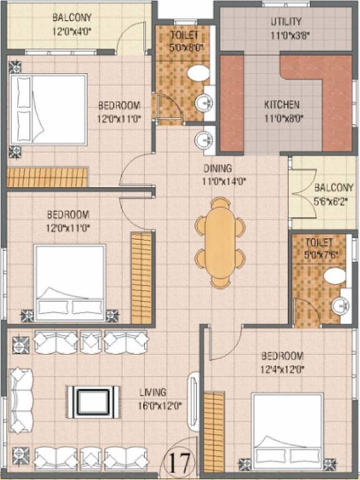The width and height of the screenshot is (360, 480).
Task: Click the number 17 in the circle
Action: (x=182, y=463)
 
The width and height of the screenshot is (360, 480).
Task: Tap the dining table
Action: (x=220, y=242)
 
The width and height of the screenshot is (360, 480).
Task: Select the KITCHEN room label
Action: (x=282, y=105)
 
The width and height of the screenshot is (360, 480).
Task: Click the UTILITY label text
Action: (x=286, y=21)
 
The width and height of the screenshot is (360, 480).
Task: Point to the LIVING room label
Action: (x=153, y=392)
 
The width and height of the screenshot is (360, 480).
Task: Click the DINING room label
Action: (x=217, y=168)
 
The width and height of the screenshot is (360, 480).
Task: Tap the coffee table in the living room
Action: (x=93, y=402)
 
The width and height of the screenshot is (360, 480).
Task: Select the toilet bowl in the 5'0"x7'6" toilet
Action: (x=335, y=276)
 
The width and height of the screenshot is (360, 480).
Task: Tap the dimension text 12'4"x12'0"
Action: (x=282, y=370)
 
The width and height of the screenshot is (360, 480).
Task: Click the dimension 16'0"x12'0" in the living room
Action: (x=160, y=406)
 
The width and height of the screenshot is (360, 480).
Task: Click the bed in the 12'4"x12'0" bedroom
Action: (x=287, y=431)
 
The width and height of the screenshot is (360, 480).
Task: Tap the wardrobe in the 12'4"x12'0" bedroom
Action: (x=214, y=432)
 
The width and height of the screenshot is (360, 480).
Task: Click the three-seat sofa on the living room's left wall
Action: (x=21, y=401)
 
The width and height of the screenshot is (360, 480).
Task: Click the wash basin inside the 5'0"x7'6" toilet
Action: (x=341, y=305)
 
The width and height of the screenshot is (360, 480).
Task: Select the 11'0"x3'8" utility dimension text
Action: (x=290, y=36)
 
